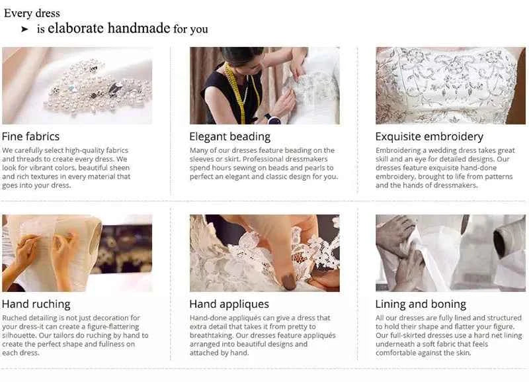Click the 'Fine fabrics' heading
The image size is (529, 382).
pyautogui.click(x=30, y=136)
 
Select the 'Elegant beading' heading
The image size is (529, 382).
pyautogui.click(x=229, y=137)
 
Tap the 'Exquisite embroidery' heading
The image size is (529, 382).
pyautogui.click(x=429, y=137)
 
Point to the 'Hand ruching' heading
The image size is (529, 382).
pyautogui.click(x=36, y=305)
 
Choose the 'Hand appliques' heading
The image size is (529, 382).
pyautogui.click(x=229, y=305)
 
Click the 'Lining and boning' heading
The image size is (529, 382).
pyautogui.click(x=421, y=305)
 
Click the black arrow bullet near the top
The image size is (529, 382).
pyautogui.click(x=24, y=29)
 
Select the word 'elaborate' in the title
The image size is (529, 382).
pyautogui.click(x=75, y=28)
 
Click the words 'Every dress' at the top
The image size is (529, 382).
pyautogui.click(x=32, y=13)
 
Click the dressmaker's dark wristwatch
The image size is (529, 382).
pyautogui.click(x=272, y=119)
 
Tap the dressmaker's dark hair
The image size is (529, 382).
pyautogui.click(x=240, y=55)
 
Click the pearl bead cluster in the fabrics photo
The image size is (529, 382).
pyautogui.click(x=96, y=87)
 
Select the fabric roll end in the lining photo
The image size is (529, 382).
pyautogui.click(x=501, y=242)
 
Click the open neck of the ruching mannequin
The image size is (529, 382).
pyautogui.click(x=95, y=240)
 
